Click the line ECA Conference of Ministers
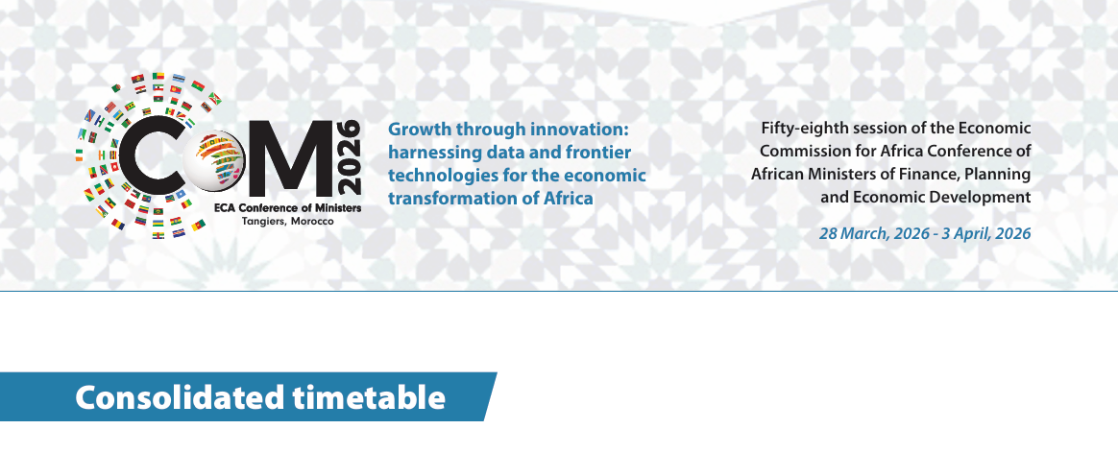[288, 208]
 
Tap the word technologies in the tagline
[438, 176]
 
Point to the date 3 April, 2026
[986, 233]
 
